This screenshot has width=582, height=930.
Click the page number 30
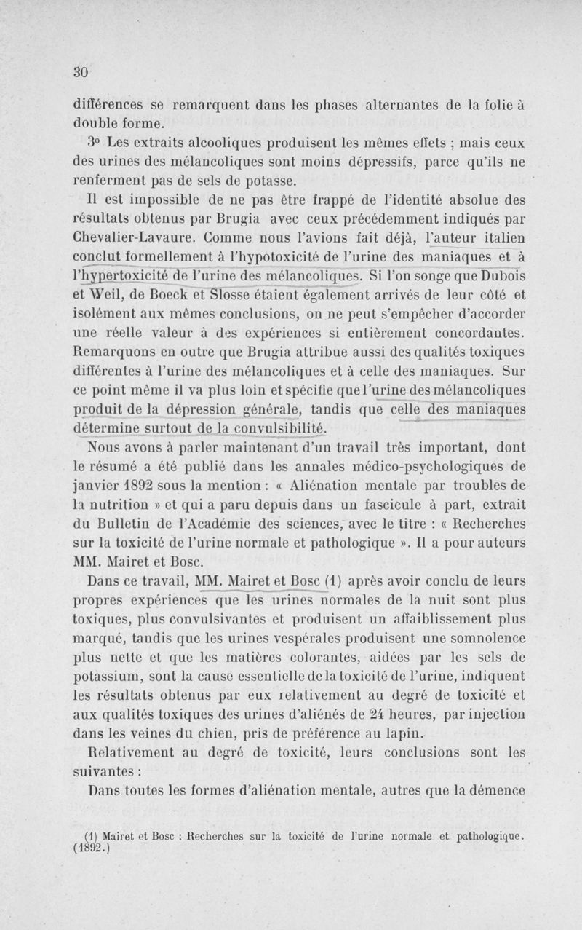click(x=80, y=71)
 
